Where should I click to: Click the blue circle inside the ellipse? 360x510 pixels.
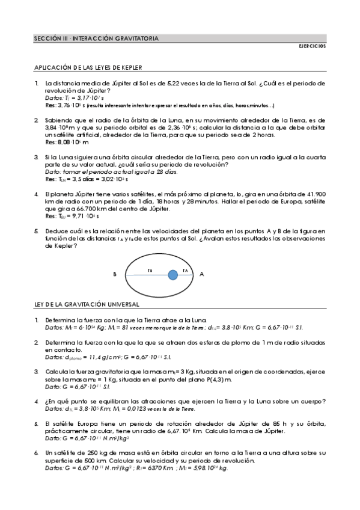click(172, 274)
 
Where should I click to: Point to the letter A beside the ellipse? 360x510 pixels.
click(201, 274)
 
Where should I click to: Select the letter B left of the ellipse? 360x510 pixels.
click(114, 274)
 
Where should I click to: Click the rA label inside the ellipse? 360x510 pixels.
click(186, 271)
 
